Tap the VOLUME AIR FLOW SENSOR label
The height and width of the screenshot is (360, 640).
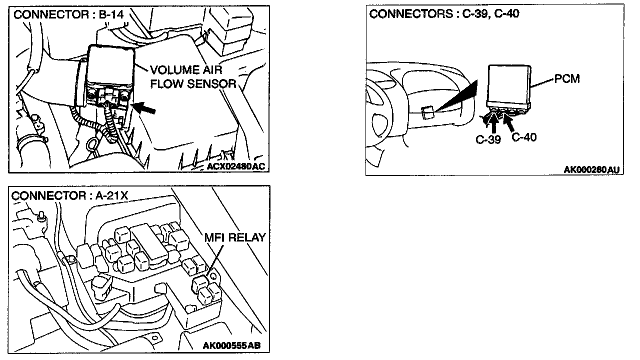(x=193, y=76)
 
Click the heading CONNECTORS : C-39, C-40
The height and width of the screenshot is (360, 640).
(x=444, y=14)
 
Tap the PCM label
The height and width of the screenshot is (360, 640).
(x=567, y=79)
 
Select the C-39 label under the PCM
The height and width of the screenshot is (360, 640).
(x=488, y=139)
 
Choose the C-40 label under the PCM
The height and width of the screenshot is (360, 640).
(x=524, y=136)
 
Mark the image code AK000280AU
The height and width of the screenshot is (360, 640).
(x=591, y=170)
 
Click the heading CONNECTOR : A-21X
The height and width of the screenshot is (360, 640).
(x=70, y=195)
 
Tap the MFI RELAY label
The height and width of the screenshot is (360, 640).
(x=234, y=237)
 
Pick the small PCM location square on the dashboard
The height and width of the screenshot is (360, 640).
(x=427, y=112)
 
